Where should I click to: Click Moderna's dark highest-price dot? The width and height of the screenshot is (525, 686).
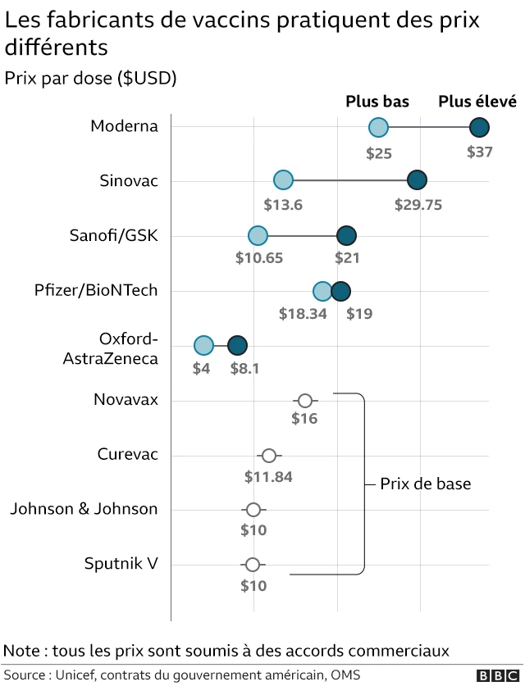click(479, 127)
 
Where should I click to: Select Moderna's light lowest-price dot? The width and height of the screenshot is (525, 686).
click(378, 127)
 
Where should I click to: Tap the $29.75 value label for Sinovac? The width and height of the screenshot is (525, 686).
click(418, 205)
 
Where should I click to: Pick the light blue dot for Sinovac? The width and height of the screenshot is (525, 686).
click(283, 180)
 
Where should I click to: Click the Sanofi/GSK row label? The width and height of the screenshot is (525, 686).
click(114, 236)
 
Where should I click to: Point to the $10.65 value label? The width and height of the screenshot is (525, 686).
click(259, 258)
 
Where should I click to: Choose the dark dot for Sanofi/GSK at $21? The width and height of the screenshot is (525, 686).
click(346, 236)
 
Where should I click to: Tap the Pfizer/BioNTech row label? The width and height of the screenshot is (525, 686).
click(96, 290)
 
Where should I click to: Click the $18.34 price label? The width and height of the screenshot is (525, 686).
click(303, 313)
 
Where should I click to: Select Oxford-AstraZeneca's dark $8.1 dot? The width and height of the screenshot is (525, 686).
click(237, 345)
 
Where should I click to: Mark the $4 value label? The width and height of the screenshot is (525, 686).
click(201, 368)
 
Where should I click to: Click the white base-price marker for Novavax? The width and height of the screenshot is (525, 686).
click(305, 401)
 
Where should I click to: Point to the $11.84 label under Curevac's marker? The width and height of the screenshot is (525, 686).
click(268, 476)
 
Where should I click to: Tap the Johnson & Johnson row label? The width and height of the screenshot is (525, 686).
click(84, 509)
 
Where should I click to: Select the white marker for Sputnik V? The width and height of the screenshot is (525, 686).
click(253, 565)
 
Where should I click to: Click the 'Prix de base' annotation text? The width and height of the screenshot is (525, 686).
click(426, 484)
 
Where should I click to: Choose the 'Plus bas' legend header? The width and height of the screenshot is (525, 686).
click(377, 102)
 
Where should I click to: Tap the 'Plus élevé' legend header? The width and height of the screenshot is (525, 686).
click(477, 102)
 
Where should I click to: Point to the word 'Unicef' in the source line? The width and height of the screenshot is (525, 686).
click(76, 675)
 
